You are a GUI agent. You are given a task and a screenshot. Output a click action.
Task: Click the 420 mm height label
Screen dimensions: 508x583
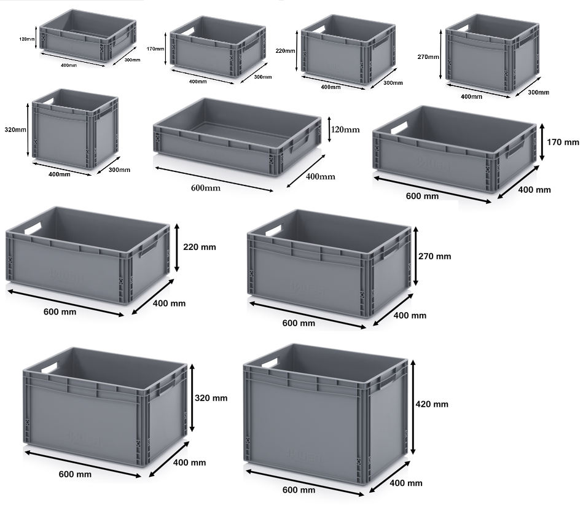[432, 404]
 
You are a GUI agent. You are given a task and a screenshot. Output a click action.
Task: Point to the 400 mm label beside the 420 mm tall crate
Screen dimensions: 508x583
[407, 483]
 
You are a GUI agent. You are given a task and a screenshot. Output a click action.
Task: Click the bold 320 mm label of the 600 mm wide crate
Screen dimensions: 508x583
[212, 398]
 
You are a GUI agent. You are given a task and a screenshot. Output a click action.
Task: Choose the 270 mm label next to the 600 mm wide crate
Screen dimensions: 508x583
[435, 256]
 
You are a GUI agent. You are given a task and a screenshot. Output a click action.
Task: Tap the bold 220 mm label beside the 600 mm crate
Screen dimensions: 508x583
[200, 248]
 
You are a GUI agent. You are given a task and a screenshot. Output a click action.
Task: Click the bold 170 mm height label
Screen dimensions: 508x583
[563, 143]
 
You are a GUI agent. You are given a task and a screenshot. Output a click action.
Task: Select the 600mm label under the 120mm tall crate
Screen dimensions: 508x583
[205, 188]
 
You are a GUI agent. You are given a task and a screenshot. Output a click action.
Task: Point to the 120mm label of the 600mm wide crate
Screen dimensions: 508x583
[345, 130]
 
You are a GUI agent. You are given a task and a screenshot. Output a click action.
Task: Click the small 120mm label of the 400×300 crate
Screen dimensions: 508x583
[27, 39]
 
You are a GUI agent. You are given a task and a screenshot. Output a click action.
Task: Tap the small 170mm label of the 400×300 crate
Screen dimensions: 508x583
[156, 49]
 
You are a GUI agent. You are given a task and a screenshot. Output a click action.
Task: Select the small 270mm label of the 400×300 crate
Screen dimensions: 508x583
[428, 57]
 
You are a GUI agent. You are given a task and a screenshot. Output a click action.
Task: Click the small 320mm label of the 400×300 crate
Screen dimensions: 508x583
[15, 130]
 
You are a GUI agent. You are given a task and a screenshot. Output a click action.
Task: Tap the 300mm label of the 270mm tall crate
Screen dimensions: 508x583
[538, 92]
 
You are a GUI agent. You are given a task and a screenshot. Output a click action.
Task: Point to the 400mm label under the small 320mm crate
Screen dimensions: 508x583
[59, 174]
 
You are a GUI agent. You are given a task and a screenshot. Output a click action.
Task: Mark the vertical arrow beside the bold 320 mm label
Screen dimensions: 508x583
[193, 398]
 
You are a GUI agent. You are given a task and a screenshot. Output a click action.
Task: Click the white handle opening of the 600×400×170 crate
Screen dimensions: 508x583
[398, 128]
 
